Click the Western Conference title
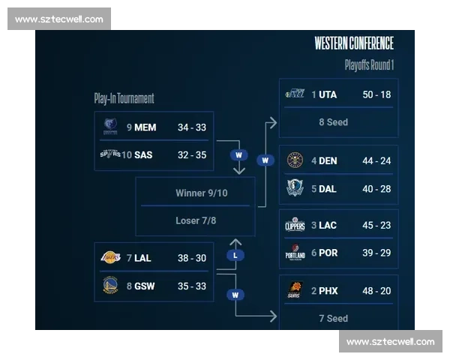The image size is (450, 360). [354, 43]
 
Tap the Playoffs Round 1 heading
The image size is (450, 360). [369, 65]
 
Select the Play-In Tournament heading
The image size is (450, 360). [124, 98]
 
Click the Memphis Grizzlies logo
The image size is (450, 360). [110, 127]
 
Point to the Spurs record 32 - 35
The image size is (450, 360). [191, 155]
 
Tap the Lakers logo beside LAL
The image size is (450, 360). [110, 258]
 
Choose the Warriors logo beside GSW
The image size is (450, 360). [110, 286]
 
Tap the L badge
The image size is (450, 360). [235, 256]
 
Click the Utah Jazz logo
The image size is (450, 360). [295, 94]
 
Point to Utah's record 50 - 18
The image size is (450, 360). [376, 94]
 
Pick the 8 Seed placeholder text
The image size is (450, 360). [333, 122]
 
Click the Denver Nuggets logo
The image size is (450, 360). [295, 160]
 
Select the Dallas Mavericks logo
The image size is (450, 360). [295, 188]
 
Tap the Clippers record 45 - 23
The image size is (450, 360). [376, 225]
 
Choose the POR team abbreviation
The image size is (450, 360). [328, 253]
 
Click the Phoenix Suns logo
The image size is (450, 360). [295, 291]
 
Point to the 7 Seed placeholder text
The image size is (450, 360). [333, 318]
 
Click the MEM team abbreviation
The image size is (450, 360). [145, 127]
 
